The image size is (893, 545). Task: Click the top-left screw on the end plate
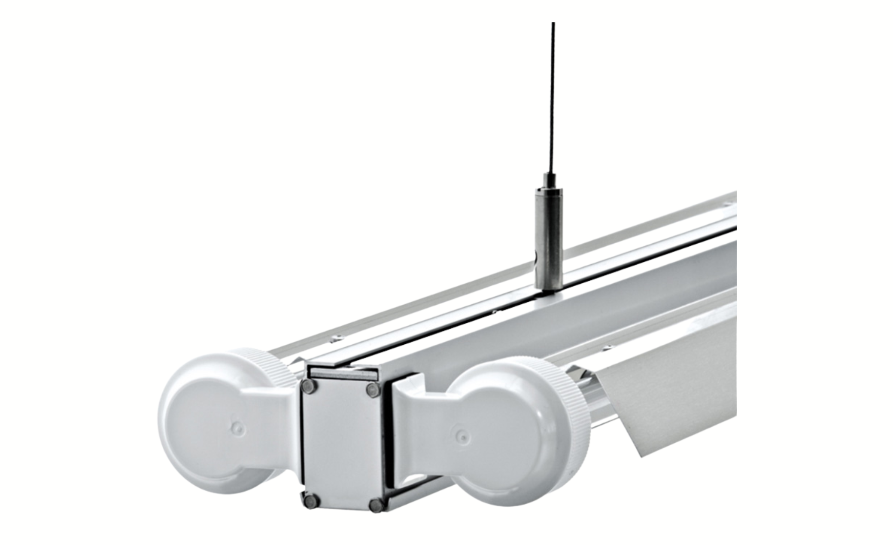coord(308,386)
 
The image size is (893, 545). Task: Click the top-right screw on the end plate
coord(373,390)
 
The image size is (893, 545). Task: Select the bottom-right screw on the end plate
coord(377,505)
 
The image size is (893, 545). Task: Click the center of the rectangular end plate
coord(342,445)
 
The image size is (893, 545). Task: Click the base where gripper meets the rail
coord(549,291)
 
